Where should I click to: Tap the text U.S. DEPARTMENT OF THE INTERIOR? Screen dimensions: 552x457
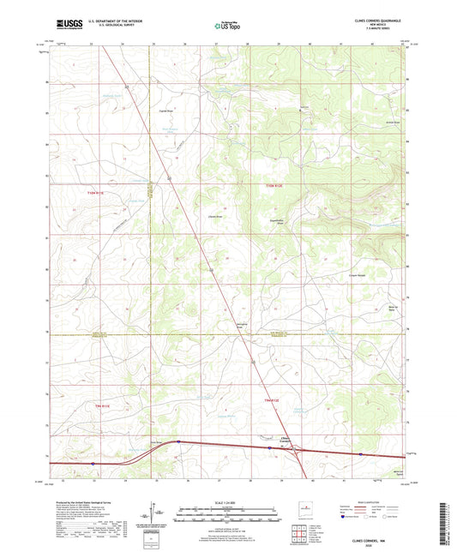click(111, 25)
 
